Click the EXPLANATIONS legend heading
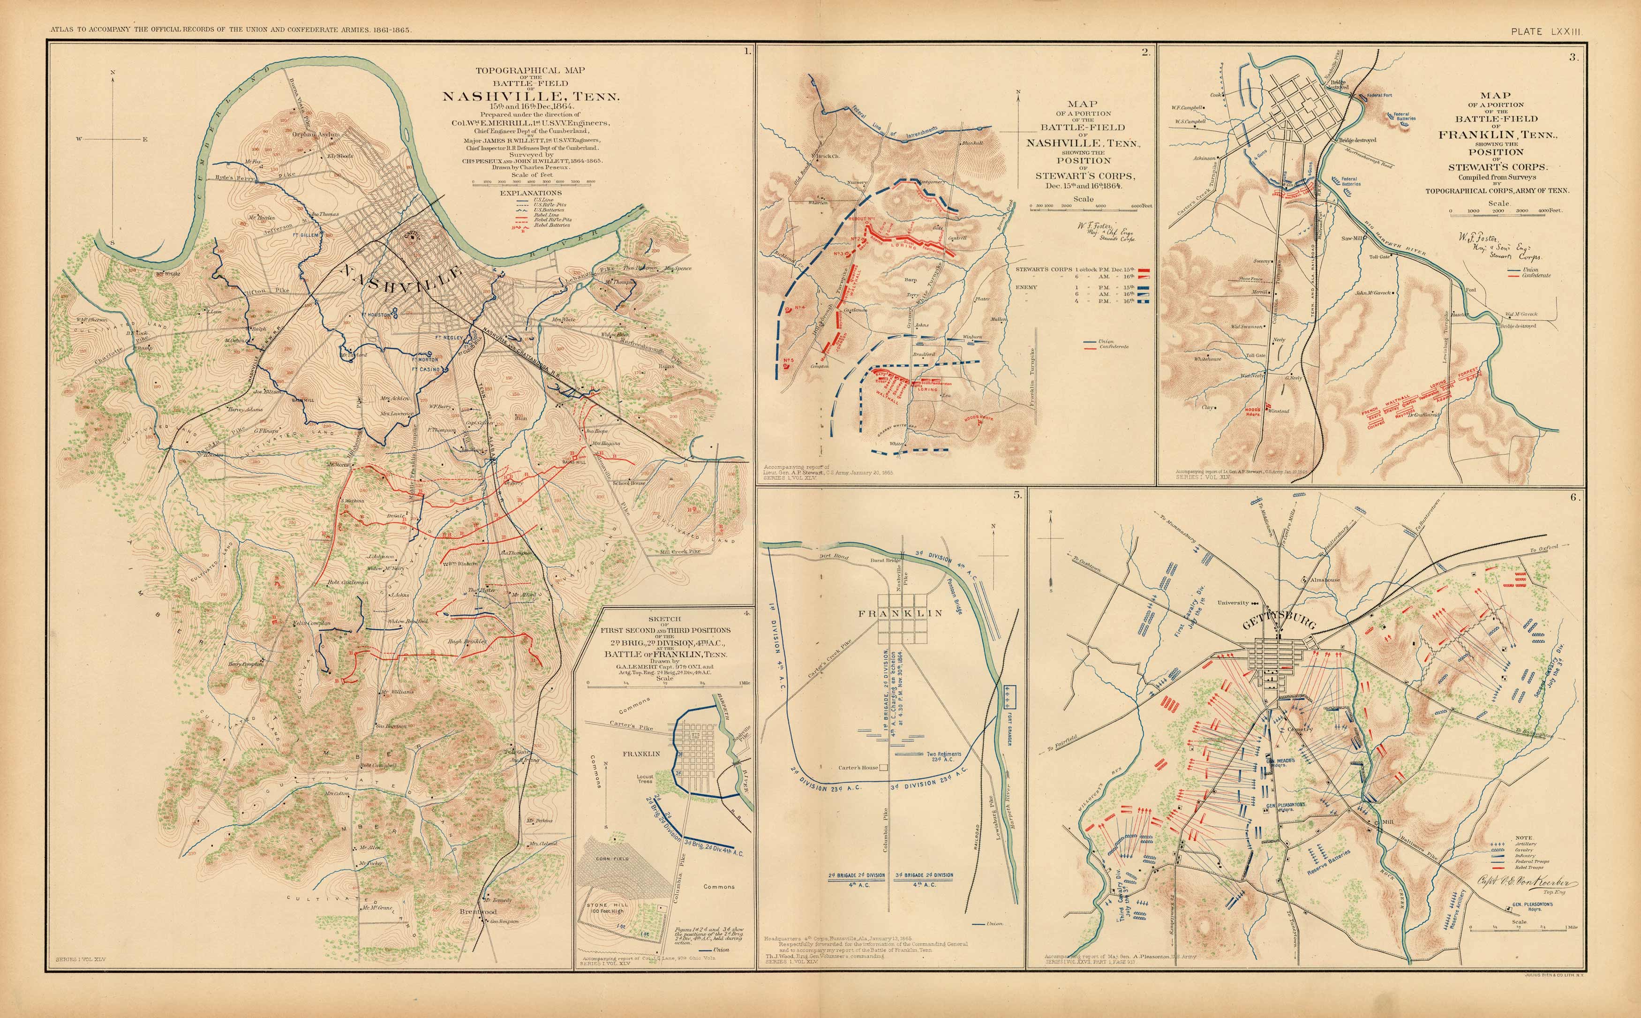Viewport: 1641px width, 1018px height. (532, 193)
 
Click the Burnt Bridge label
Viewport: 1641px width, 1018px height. (885, 560)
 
